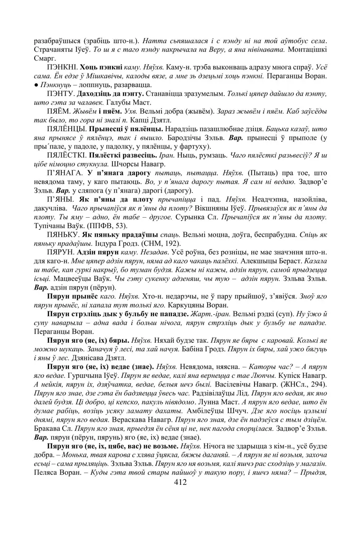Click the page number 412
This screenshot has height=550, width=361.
click(180, 482)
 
